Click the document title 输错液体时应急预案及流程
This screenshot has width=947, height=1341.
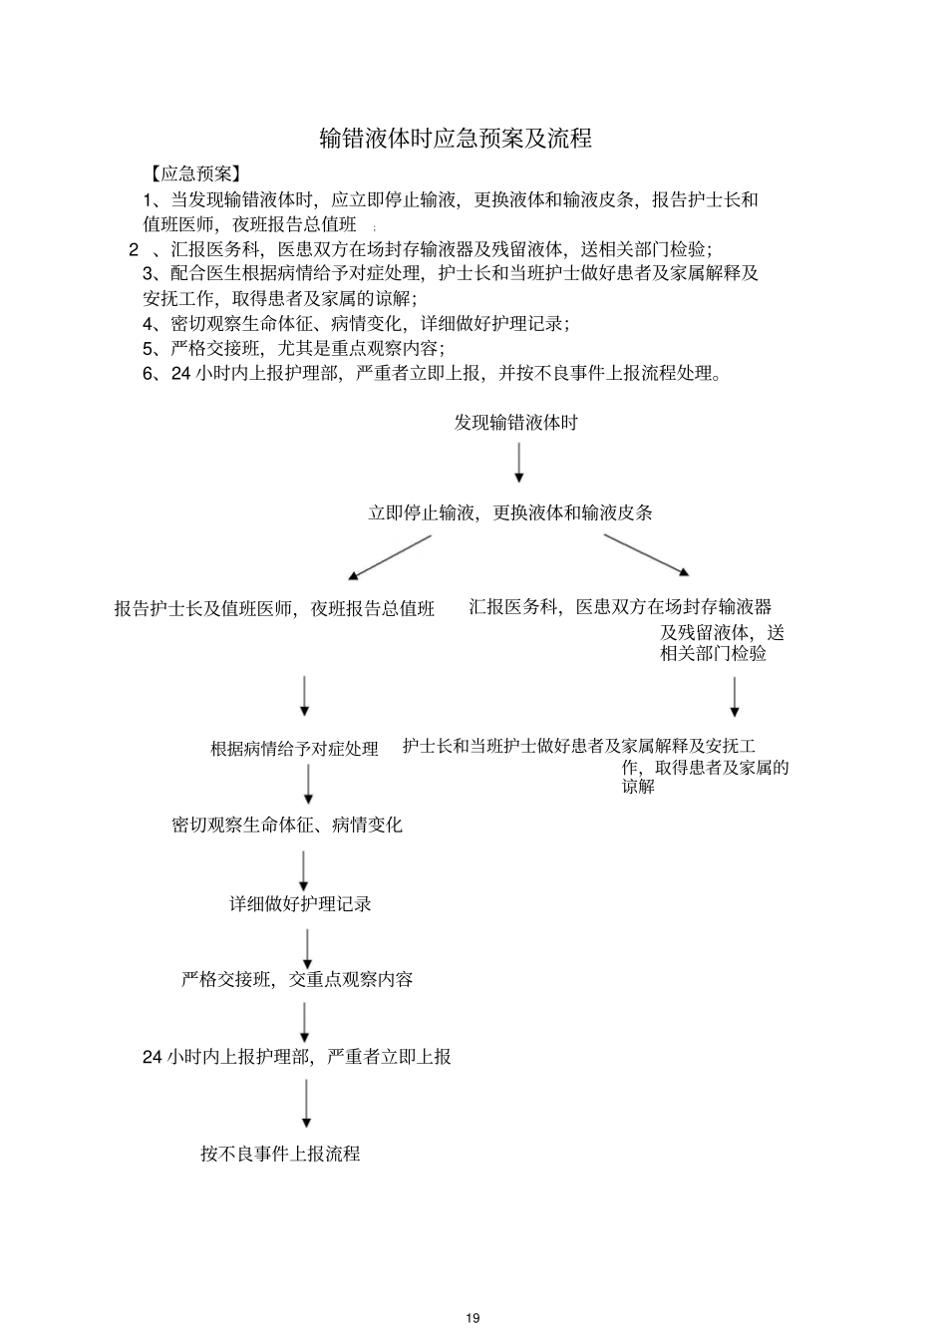click(x=456, y=139)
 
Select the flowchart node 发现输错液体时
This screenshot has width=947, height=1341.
click(x=515, y=423)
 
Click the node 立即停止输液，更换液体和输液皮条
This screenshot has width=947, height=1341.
click(x=510, y=512)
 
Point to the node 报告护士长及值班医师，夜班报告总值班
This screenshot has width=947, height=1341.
click(x=275, y=608)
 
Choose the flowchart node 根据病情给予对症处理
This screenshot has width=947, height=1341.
click(x=294, y=748)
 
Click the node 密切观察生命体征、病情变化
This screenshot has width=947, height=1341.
click(x=287, y=826)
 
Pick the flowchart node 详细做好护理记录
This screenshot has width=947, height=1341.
click(x=300, y=904)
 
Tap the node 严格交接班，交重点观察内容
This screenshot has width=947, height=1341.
click(x=297, y=979)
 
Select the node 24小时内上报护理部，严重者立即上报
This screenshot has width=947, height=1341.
click(x=296, y=1057)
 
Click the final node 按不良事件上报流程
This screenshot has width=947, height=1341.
click(x=280, y=1154)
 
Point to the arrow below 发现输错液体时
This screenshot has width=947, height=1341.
click(x=518, y=463)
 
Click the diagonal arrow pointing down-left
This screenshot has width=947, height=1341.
click(x=389, y=557)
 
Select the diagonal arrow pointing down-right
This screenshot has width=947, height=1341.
click(x=646, y=555)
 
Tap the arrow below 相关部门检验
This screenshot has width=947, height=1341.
click(x=735, y=697)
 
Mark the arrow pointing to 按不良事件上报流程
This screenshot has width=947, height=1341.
click(x=306, y=1105)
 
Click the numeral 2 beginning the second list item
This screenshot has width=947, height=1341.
click(x=134, y=249)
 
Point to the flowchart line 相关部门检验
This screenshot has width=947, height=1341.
click(x=713, y=654)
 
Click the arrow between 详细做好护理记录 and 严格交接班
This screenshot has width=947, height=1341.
click(x=307, y=948)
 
